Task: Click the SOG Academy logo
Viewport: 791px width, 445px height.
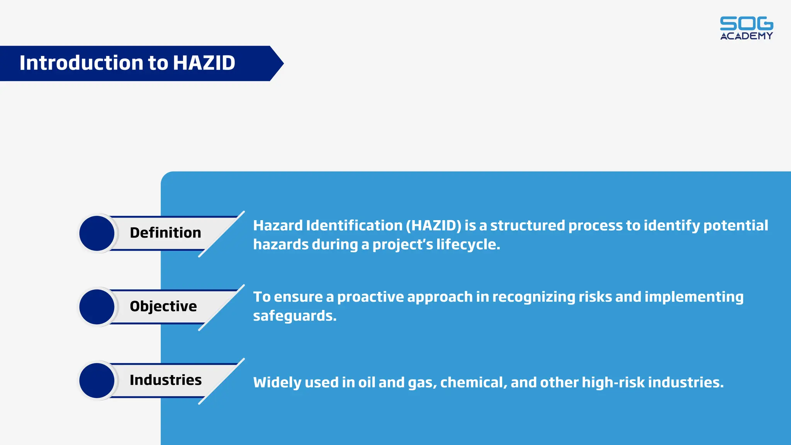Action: click(x=746, y=28)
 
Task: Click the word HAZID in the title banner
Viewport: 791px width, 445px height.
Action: click(x=204, y=63)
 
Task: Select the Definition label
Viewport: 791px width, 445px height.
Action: click(x=165, y=233)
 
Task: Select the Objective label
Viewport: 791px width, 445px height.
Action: click(x=163, y=306)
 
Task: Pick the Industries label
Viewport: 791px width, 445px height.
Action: click(x=165, y=380)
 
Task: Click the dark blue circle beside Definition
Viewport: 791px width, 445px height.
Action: click(x=97, y=233)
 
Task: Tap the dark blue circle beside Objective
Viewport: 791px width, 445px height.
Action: click(x=97, y=307)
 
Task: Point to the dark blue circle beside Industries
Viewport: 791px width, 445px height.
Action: click(x=97, y=380)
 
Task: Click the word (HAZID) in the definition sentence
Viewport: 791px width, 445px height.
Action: click(x=433, y=226)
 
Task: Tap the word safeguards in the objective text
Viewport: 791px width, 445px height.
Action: click(x=294, y=316)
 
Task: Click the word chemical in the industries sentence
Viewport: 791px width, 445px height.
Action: click(x=474, y=382)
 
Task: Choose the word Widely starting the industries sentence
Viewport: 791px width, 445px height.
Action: click(x=277, y=382)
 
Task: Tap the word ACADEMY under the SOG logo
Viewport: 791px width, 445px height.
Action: click(x=746, y=36)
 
